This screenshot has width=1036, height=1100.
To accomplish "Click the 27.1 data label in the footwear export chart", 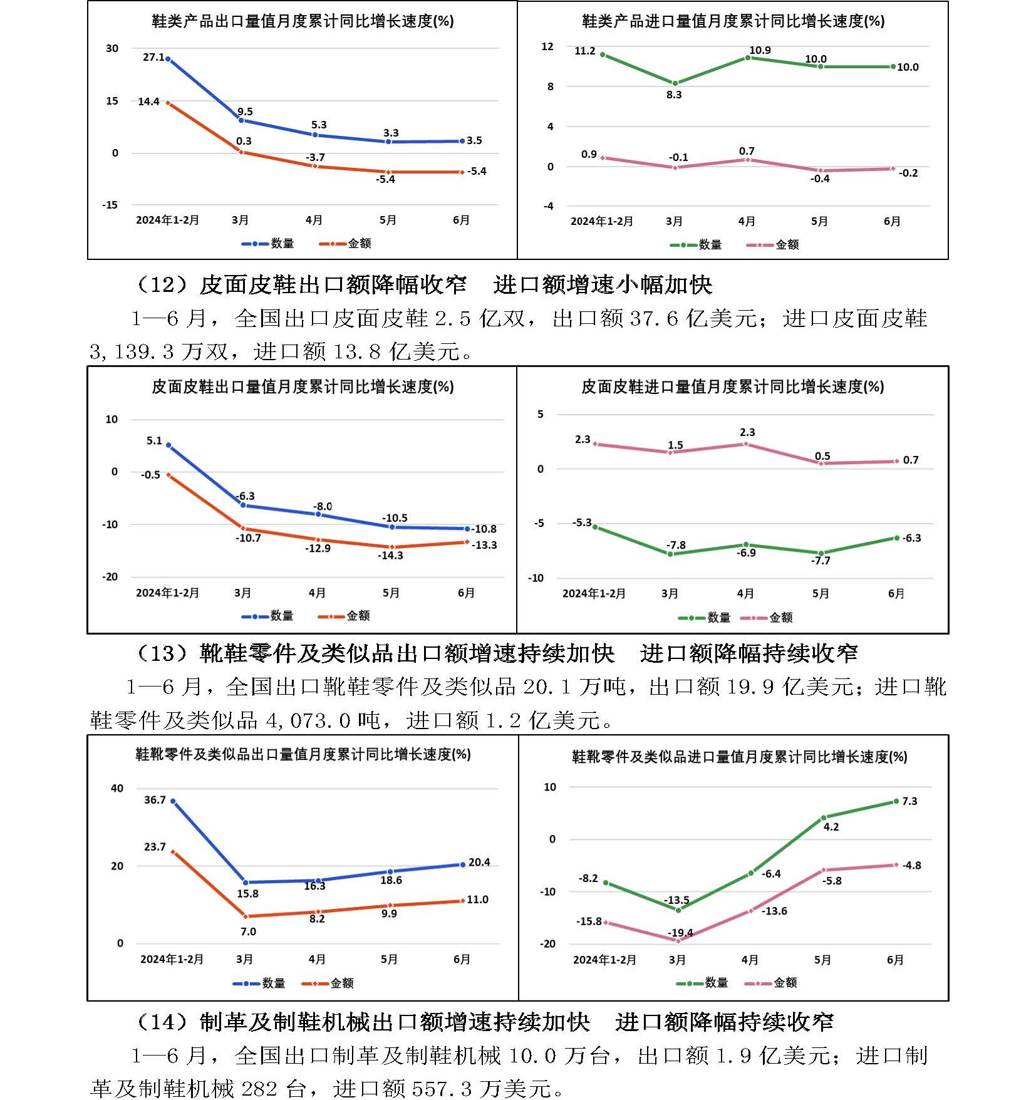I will tap(153, 57).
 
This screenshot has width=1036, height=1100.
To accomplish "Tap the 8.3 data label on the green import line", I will tap(674, 95).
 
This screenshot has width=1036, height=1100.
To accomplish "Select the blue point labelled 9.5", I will tap(241, 120).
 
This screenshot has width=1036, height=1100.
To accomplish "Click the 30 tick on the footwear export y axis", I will tap(111, 48).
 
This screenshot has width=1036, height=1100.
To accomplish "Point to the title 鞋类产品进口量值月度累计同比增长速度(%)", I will tap(733, 21).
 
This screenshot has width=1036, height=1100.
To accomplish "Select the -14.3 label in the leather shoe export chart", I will tap(390, 555).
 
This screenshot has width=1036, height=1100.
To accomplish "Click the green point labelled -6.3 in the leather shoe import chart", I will tap(896, 538).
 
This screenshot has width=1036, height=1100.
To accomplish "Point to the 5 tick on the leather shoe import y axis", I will tap(540, 414).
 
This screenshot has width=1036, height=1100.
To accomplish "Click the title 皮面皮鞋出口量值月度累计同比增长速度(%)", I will tap(303, 387).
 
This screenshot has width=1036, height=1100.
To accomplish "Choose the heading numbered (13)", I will tap(495, 653).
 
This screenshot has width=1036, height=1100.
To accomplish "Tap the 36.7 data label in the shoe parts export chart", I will tap(155, 800).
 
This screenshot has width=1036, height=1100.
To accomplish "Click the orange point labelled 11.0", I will tap(463, 901).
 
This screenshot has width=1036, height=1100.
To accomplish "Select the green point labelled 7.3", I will tap(896, 801).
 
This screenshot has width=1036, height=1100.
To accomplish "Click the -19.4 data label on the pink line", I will tap(680, 932).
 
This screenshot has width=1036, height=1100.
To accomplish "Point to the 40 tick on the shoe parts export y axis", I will tap(117, 788).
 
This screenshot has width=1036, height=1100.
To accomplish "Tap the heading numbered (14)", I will tap(484, 1022).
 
